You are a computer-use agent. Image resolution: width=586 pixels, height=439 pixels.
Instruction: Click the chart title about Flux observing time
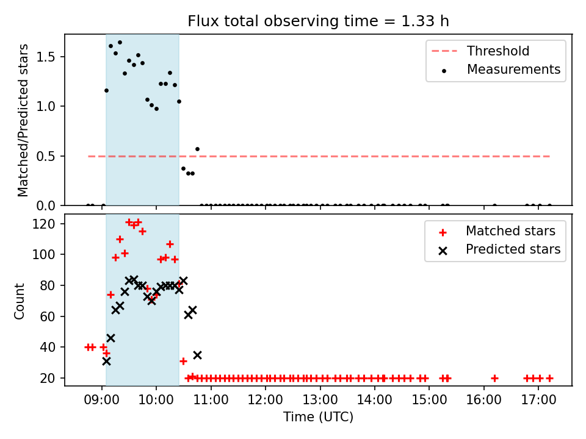(318, 21)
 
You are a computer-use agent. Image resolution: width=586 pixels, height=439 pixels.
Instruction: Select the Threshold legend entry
(480, 51)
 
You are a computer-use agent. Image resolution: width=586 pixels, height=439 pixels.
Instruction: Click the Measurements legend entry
(501, 70)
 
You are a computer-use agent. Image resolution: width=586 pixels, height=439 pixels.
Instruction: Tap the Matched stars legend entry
(497, 231)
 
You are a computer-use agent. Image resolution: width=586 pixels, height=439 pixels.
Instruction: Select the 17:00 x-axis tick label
(538, 400)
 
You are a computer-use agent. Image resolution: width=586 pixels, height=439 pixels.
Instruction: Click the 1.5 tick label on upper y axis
(46, 57)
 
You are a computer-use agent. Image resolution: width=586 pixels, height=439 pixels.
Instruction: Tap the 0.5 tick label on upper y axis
(46, 156)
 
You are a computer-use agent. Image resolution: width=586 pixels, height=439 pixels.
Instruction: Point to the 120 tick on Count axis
(43, 224)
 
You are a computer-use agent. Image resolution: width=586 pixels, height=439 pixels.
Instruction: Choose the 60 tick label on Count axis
(48, 316)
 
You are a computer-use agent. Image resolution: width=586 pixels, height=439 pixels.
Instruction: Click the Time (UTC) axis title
(318, 416)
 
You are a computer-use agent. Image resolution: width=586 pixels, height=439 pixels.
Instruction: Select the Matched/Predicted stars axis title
(23, 120)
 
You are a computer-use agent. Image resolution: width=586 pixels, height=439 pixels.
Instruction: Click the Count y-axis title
(19, 301)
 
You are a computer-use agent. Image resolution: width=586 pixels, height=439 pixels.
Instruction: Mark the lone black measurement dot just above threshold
(197, 149)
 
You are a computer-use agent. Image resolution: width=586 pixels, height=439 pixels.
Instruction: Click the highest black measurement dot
(120, 43)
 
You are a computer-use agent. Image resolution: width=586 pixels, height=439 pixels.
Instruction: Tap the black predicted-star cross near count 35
(197, 355)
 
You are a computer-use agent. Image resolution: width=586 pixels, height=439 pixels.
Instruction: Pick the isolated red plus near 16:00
(494, 378)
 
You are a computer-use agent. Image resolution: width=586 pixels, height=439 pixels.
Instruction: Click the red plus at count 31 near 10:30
(183, 361)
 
